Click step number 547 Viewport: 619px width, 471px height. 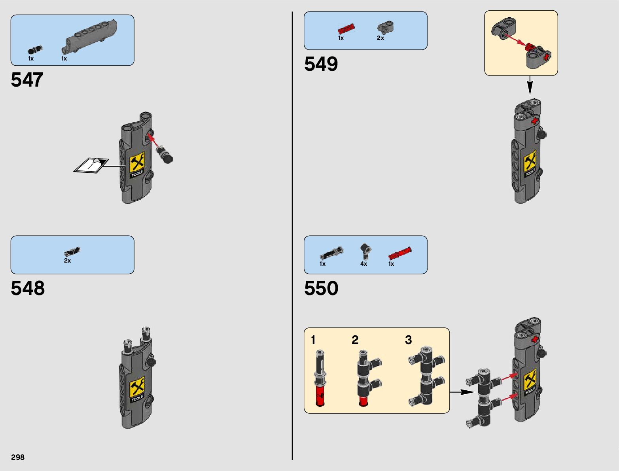27,80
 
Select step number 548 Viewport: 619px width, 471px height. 28,288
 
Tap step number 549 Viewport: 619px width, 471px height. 321,64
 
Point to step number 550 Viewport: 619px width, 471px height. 321,288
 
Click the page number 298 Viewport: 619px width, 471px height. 18,457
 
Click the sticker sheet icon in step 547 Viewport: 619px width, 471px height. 91,165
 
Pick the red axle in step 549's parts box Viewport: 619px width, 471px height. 346,29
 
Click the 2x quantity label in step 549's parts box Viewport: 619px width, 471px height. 380,38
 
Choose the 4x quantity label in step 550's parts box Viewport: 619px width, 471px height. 363,264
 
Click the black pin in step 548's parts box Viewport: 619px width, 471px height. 72,252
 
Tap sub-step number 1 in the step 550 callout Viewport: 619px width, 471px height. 313,340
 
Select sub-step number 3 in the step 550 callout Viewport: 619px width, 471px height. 409,340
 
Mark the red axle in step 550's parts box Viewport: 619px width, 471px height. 399,253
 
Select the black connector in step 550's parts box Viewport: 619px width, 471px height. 365,250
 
